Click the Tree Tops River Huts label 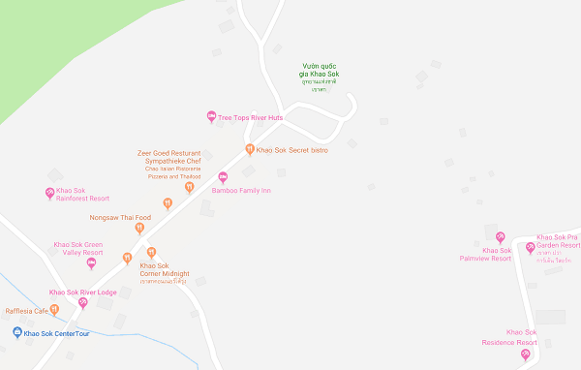(251, 117)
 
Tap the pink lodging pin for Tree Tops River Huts (212, 117)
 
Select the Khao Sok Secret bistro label (293, 149)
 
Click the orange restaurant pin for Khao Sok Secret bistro (250, 149)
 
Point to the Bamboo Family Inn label (241, 191)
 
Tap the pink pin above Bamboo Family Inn (224, 176)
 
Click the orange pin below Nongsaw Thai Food (139, 229)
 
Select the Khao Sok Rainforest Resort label (82, 194)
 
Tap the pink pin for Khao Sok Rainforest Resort (50, 193)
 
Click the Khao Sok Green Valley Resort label (78, 248)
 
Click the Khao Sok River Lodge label (83, 292)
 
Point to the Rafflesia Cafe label (27, 311)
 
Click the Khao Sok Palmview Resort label (484, 254)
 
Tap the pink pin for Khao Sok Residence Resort (526, 355)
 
